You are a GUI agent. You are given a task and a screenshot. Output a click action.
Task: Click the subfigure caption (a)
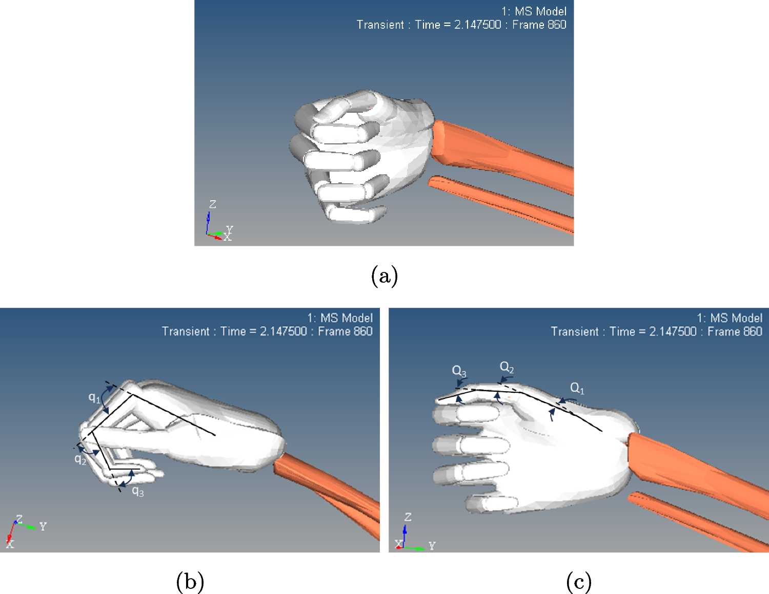[x=384, y=276]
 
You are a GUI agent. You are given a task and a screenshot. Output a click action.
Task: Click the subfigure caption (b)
[x=190, y=582]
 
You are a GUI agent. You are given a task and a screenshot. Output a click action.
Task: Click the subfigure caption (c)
[x=579, y=582]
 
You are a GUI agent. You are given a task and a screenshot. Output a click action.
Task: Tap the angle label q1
[x=94, y=398]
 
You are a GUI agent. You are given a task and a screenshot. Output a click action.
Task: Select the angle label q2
[x=80, y=459]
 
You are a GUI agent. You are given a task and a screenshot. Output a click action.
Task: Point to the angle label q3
[x=138, y=492]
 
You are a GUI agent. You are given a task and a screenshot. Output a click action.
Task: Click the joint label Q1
[x=577, y=388]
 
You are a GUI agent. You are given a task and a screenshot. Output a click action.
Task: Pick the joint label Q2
[x=507, y=367]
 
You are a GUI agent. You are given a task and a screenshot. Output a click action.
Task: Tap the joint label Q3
[x=459, y=371]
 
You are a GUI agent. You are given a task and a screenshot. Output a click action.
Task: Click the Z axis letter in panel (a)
[x=212, y=204]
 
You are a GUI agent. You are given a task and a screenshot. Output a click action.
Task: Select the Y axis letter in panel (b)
[x=43, y=526]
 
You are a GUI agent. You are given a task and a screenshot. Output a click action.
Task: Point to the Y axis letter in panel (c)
[x=432, y=546]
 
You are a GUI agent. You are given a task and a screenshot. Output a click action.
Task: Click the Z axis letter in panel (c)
[x=408, y=517]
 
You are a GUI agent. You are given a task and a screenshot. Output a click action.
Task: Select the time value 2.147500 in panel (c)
[x=673, y=331]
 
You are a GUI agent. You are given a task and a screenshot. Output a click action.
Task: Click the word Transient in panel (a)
[x=380, y=25]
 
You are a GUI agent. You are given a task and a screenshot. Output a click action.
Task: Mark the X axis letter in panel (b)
[x=10, y=544]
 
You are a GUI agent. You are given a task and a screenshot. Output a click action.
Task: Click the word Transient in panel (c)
[x=574, y=331]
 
